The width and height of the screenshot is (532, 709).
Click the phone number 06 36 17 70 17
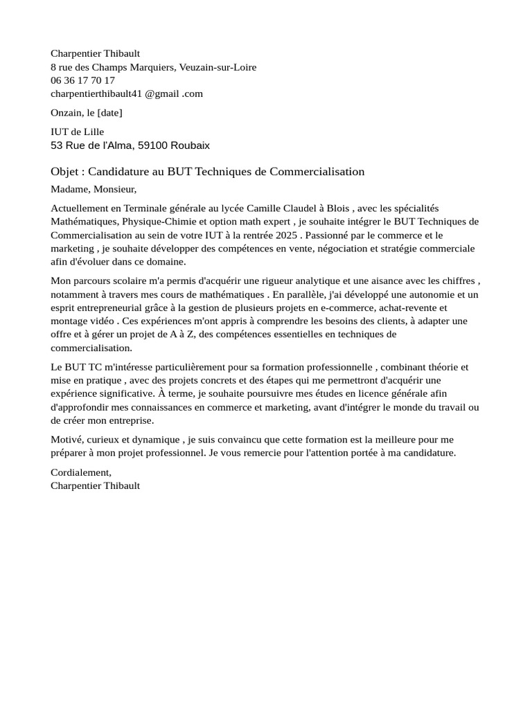point(82,80)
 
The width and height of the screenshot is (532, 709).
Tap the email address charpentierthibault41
point(96,93)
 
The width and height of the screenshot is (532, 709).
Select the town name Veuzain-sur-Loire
point(218,67)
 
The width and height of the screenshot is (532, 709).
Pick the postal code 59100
point(152,145)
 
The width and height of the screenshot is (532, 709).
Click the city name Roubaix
point(190,145)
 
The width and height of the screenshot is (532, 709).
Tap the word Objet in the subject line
point(66,172)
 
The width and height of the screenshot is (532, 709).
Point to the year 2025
point(290,235)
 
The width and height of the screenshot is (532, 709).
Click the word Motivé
point(67,440)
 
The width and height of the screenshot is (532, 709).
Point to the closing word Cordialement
point(80,472)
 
